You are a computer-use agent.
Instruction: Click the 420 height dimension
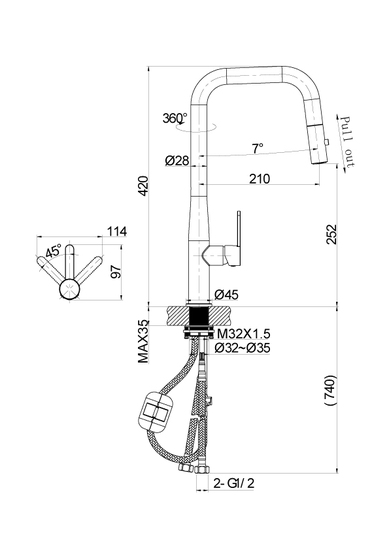pos(144,191)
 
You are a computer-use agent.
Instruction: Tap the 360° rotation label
pos(174,118)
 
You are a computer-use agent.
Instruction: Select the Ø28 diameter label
pos(177,161)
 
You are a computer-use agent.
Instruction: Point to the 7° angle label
pos(258,148)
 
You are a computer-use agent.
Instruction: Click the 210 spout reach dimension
pos(260,179)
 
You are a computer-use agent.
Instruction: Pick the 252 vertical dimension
pos(331,234)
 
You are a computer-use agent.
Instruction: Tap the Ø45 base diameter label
pos(226,295)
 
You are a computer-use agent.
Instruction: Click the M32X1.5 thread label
pos(244,333)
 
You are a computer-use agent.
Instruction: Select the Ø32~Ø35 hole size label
pos(242,348)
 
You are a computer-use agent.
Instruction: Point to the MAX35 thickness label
pos(143,342)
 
